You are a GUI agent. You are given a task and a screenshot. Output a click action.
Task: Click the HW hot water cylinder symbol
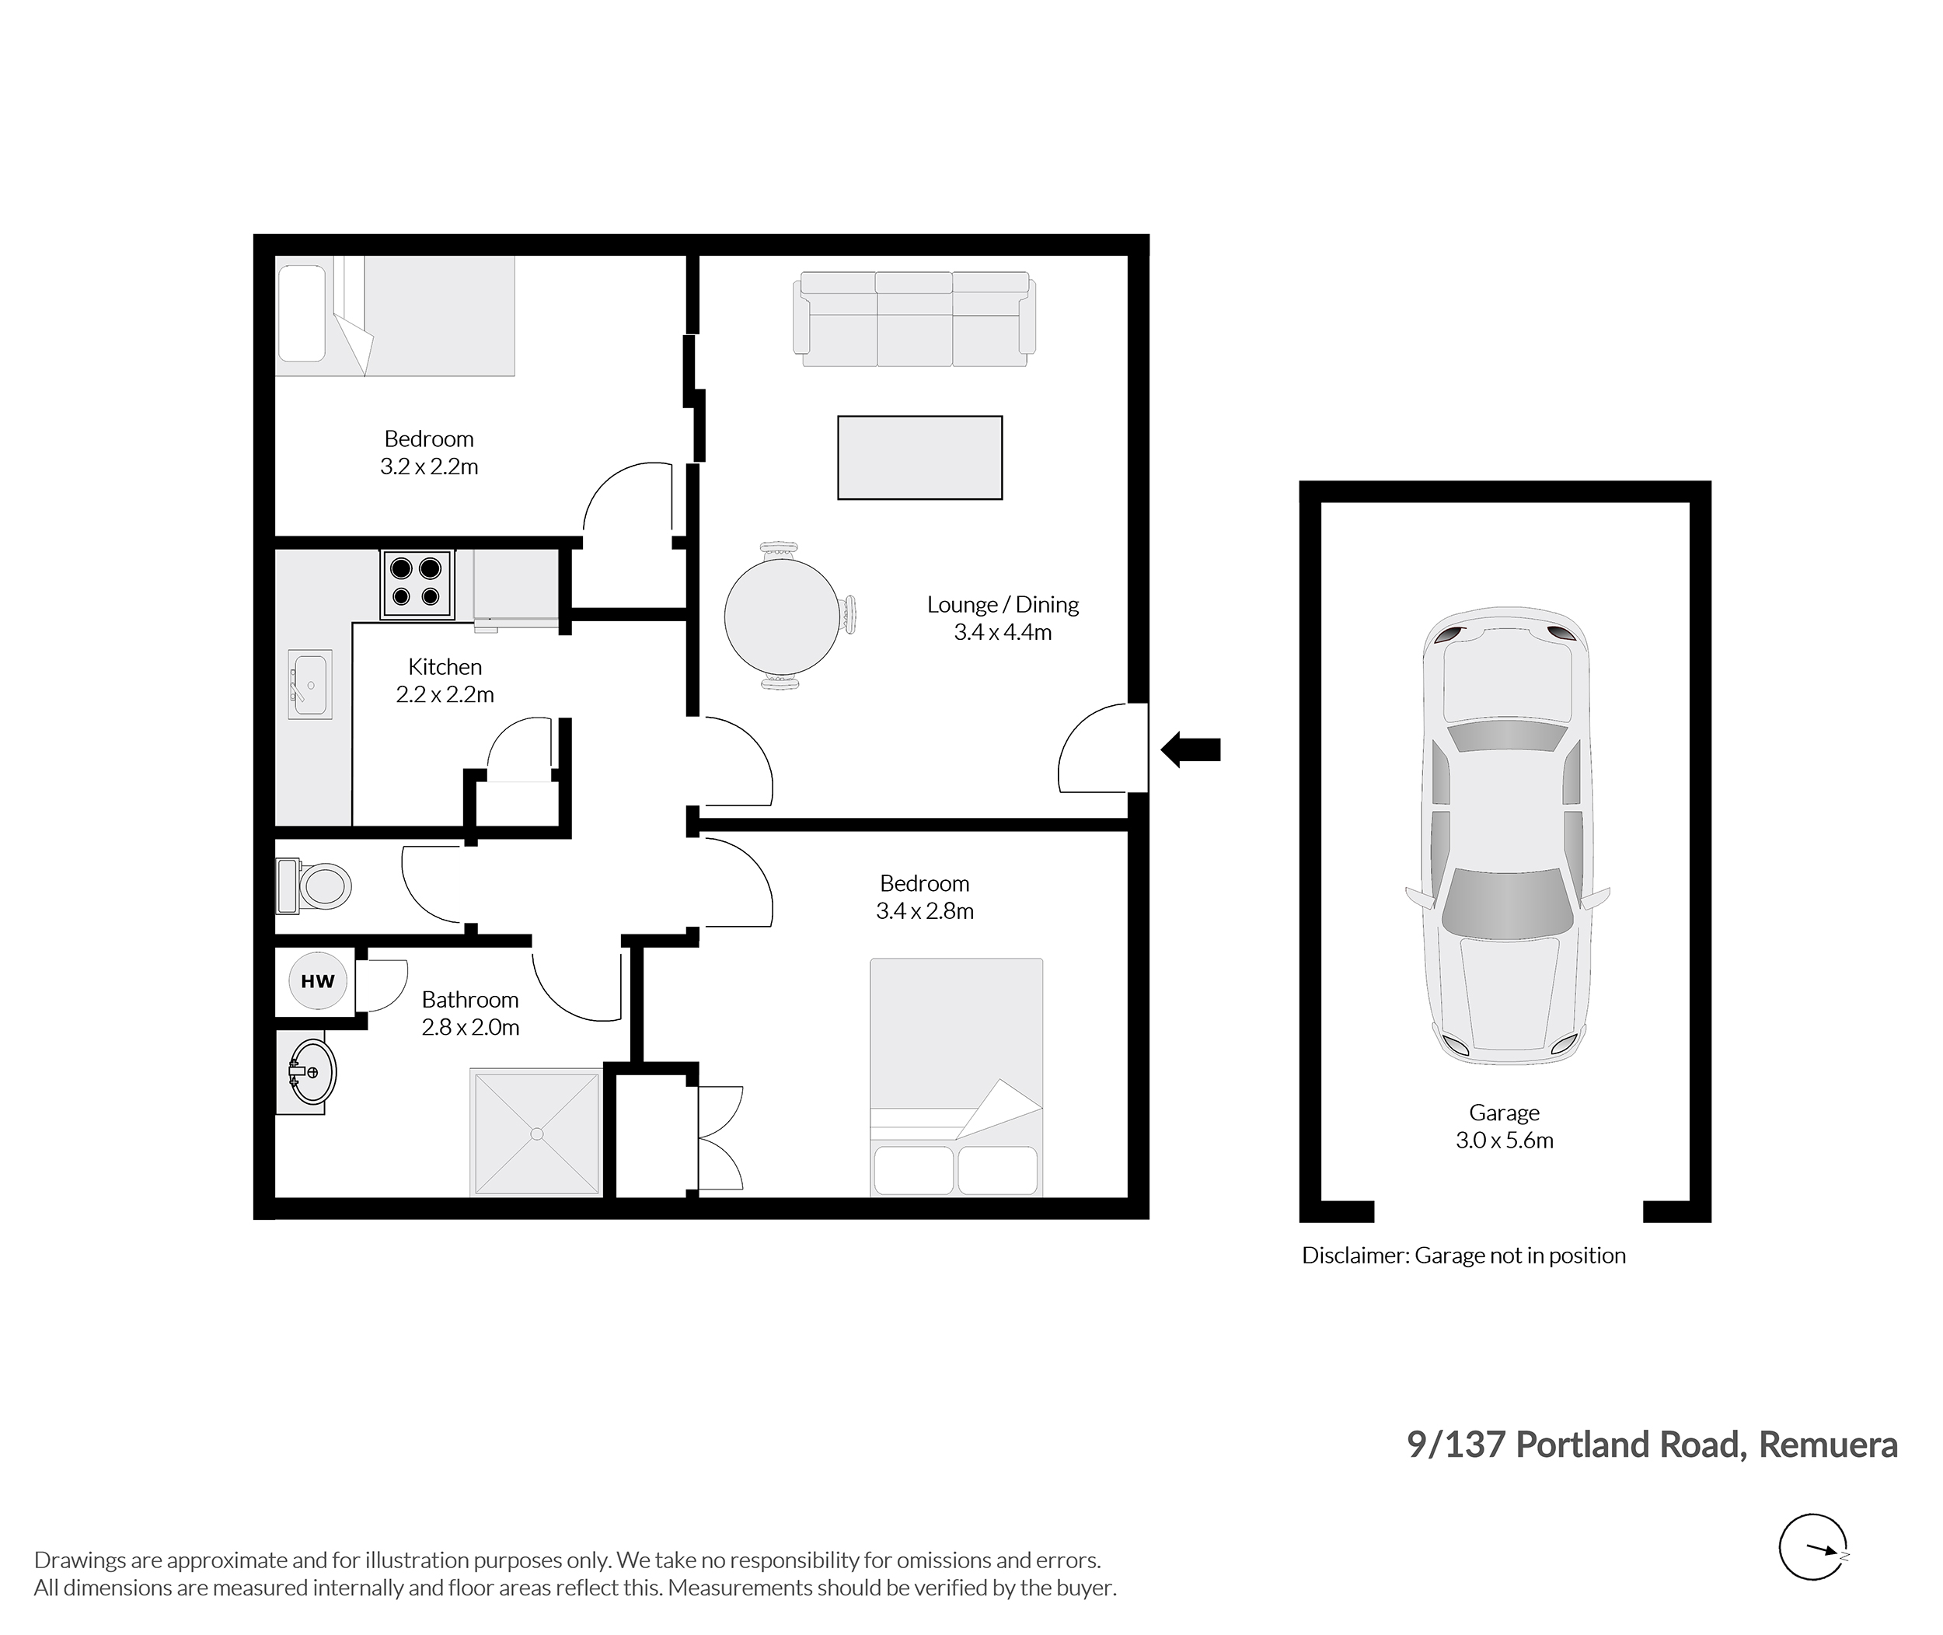pos(318,980)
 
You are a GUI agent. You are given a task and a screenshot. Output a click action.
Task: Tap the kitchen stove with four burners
pos(416,584)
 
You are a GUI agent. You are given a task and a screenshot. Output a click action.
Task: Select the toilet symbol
pos(313,886)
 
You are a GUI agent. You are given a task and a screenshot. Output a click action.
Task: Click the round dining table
pos(782,617)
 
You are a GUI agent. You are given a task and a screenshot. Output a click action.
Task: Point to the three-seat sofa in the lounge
pos(915,319)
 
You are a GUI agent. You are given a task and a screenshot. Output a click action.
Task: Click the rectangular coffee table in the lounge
pos(920,458)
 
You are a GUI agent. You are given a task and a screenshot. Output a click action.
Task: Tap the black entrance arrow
pos(1191,749)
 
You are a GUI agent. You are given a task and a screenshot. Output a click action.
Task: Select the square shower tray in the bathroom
pos(536,1133)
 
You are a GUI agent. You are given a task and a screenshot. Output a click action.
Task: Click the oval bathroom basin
pos(312,1072)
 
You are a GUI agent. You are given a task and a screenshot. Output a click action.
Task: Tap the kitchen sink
pos(309,684)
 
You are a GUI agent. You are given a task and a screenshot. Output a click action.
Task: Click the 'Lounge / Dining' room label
pos(1003,604)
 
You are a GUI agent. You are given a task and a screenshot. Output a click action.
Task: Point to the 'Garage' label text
pos(1505,1113)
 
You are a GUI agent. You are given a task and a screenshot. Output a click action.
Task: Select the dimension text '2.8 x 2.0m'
pos(471,1027)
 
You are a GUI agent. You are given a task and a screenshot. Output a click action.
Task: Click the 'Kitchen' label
pos(445,666)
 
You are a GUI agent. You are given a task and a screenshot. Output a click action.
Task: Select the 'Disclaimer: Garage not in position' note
pos(1464,1255)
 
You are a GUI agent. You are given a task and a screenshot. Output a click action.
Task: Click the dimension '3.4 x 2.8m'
pos(925,911)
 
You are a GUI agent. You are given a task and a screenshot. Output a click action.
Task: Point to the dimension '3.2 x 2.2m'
pos(429,466)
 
